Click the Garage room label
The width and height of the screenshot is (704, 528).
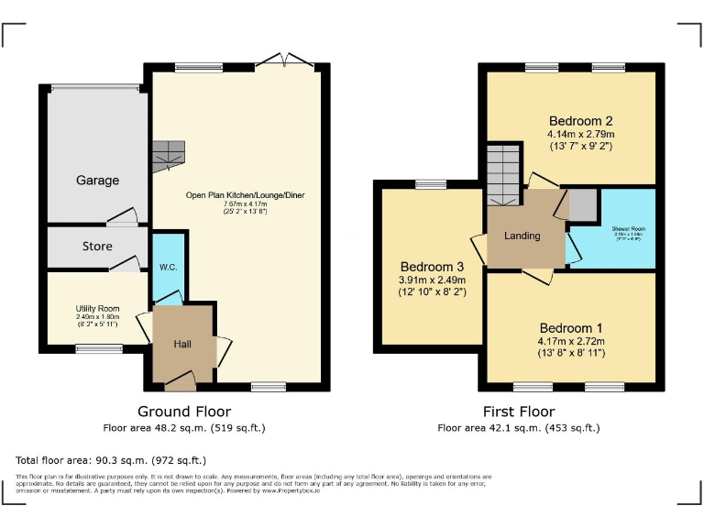[x=97, y=181]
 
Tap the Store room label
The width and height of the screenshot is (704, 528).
[x=97, y=247]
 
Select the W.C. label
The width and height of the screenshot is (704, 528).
[x=168, y=268]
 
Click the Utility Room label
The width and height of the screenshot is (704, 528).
[x=97, y=309]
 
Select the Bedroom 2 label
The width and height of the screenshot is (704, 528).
[x=580, y=121]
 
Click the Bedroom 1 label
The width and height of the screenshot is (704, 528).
[x=571, y=328]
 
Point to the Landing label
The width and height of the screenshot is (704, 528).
[x=522, y=236]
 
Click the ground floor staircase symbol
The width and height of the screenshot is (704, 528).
[x=169, y=155]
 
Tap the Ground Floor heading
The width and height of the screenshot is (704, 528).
[x=184, y=412]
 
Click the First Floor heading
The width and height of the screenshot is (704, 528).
[x=519, y=412]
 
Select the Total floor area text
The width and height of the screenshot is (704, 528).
[x=111, y=460]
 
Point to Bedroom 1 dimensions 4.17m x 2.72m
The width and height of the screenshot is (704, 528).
[x=571, y=343]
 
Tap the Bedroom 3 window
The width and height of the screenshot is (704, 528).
[x=430, y=184]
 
